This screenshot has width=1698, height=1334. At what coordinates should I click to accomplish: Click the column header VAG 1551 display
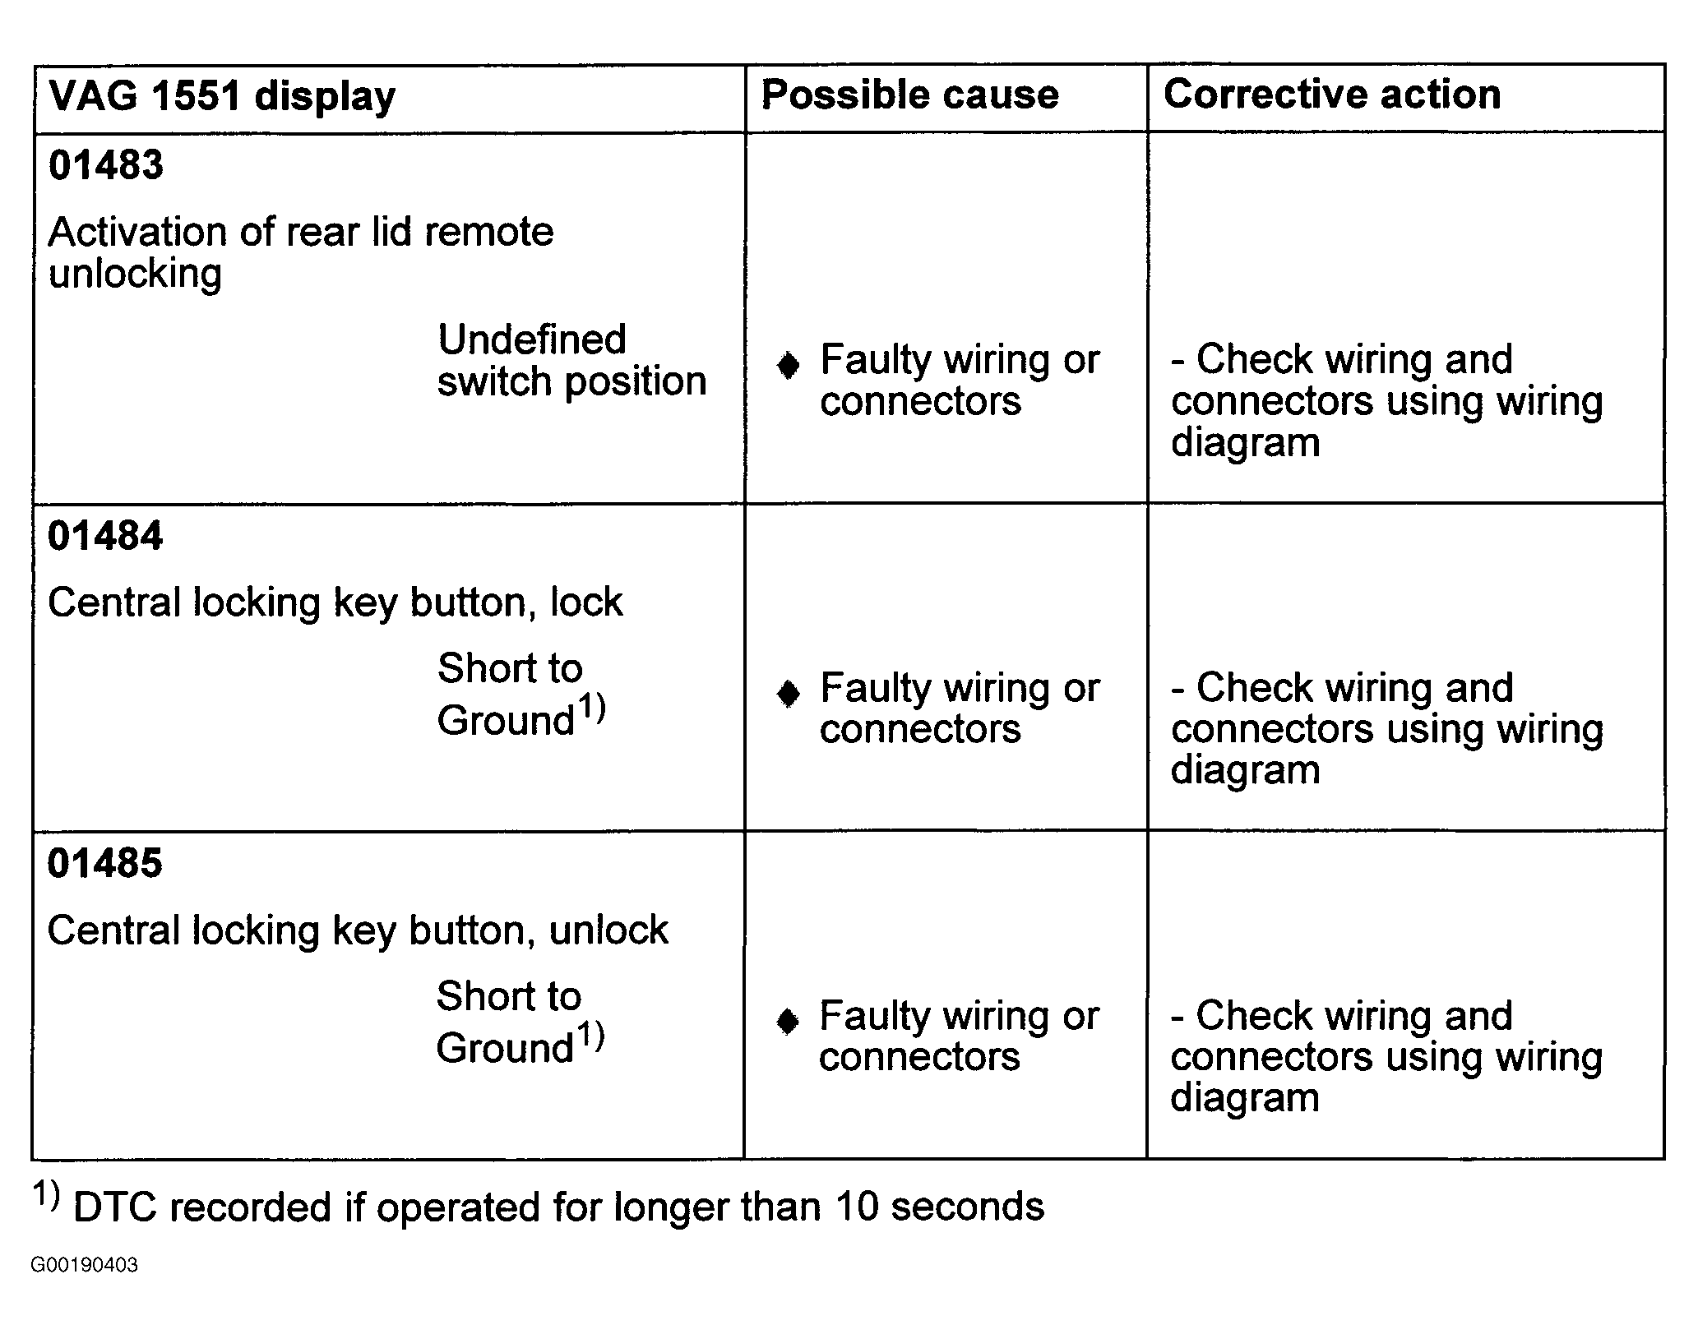pos(222,97)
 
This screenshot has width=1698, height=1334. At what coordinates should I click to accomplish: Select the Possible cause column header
pos(909,94)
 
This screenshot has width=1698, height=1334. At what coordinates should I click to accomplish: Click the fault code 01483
pos(106,164)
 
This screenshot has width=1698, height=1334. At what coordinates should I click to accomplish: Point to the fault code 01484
pos(105,535)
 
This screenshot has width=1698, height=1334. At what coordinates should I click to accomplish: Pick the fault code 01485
pos(105,863)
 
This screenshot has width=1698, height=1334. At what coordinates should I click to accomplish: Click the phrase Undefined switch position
pos(571,361)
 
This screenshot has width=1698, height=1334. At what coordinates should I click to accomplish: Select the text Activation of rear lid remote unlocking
pos(301,252)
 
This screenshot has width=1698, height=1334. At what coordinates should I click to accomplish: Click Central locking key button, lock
pos(335,602)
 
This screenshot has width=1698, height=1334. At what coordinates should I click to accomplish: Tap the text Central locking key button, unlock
pos(358,930)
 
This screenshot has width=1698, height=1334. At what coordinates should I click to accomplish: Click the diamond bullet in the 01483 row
pos(788,365)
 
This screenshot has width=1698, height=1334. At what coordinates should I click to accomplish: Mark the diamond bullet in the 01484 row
pos(788,694)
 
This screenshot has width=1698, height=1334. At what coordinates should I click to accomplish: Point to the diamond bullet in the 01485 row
pos(788,1022)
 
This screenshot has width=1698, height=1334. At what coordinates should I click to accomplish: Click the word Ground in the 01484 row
pos(506,720)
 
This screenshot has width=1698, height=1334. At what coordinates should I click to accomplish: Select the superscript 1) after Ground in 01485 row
pos(590,1035)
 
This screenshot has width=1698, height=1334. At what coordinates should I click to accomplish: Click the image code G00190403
pos(84,1265)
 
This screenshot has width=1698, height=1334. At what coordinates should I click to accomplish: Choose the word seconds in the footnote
pos(968,1207)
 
